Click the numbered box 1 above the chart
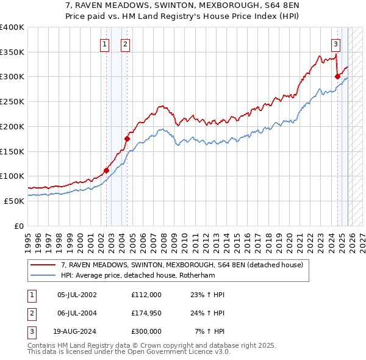105,44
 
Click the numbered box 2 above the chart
125,44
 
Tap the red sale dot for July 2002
106,170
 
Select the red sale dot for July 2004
127,139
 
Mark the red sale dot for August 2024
337,76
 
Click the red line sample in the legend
43,265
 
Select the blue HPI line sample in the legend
43,275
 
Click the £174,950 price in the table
146,313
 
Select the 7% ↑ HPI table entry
210,331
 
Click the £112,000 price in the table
146,295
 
